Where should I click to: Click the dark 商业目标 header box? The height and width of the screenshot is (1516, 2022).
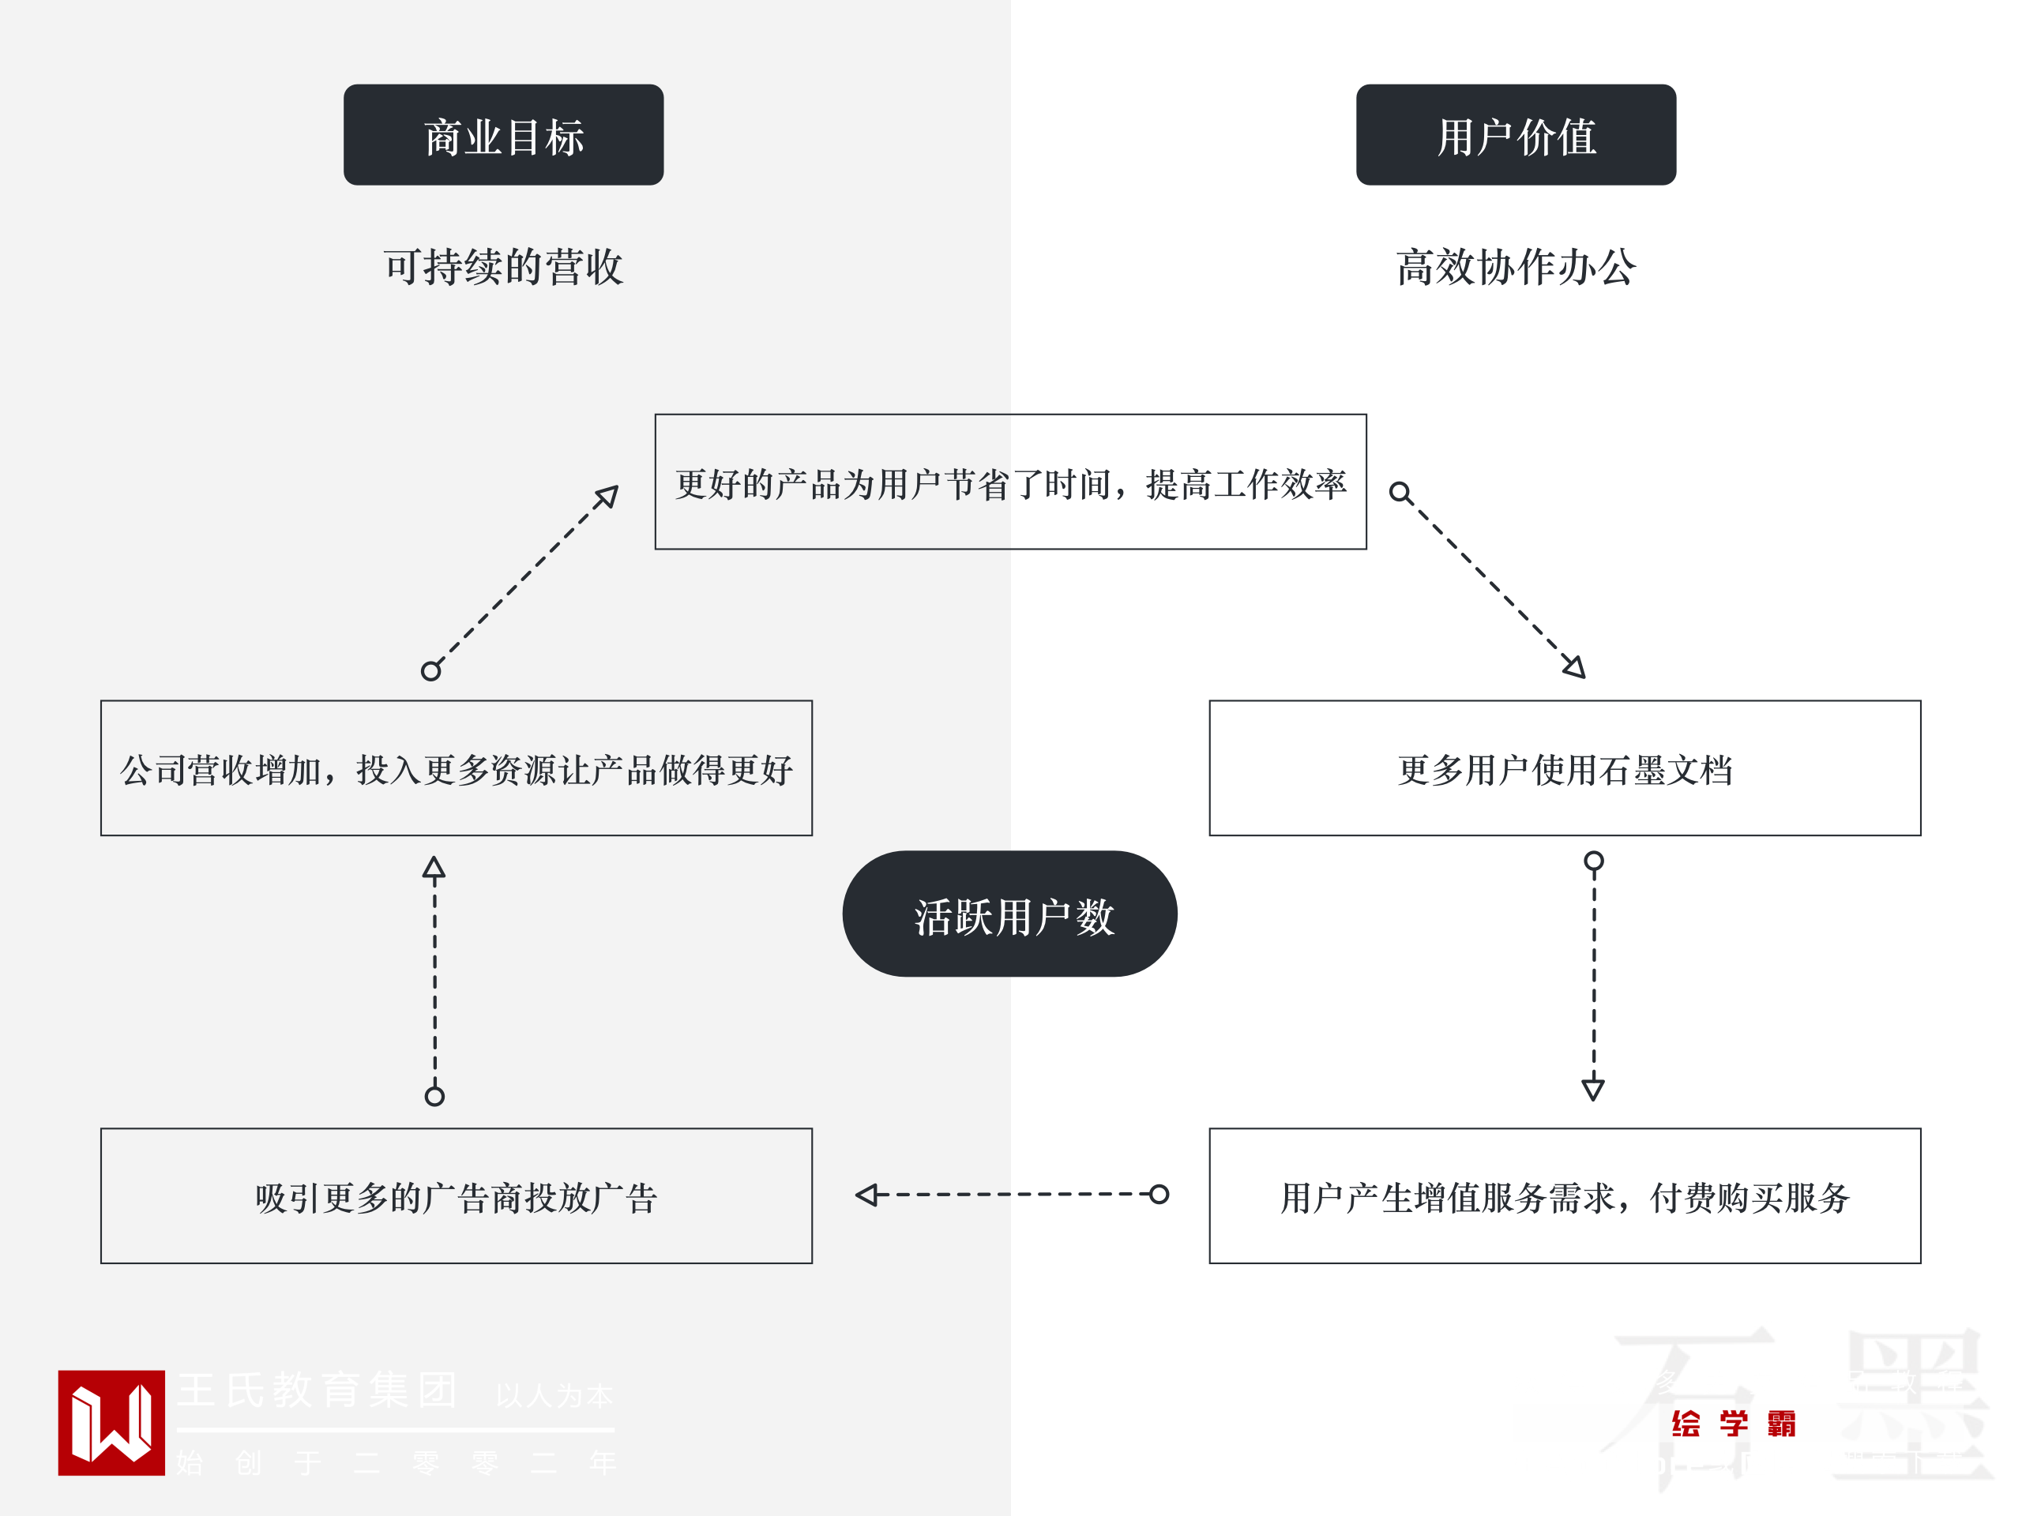coord(503,135)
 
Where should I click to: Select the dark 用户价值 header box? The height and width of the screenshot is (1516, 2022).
coord(1515,135)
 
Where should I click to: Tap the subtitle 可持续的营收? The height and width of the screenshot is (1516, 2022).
coord(503,267)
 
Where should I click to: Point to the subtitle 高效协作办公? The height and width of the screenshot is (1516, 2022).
coord(1515,267)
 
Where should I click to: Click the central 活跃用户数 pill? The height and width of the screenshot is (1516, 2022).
coord(1009,914)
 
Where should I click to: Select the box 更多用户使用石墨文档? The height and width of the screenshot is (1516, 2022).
coord(1564,767)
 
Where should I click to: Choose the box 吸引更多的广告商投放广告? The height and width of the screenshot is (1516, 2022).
coord(457,1195)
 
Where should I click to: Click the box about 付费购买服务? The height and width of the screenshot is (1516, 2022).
coord(1564,1195)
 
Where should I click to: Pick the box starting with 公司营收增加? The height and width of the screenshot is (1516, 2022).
coord(457,767)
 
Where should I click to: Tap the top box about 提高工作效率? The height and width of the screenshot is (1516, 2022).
coord(1010,482)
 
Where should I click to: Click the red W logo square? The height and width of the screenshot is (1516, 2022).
coord(111,1422)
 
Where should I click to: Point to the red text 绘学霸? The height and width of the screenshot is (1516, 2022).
coord(1733,1423)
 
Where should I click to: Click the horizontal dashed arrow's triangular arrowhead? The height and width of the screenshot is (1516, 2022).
coord(866,1195)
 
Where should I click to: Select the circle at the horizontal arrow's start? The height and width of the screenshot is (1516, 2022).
coord(1158,1195)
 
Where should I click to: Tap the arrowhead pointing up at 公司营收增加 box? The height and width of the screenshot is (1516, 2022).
coord(434,867)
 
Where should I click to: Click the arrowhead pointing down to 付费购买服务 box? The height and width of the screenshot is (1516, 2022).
coord(1592,1088)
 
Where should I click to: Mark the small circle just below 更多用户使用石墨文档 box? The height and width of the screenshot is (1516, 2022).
coord(1593,861)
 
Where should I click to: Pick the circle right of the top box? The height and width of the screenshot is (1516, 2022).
coord(1399,493)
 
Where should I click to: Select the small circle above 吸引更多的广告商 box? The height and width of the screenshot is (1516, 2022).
coord(434,1096)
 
